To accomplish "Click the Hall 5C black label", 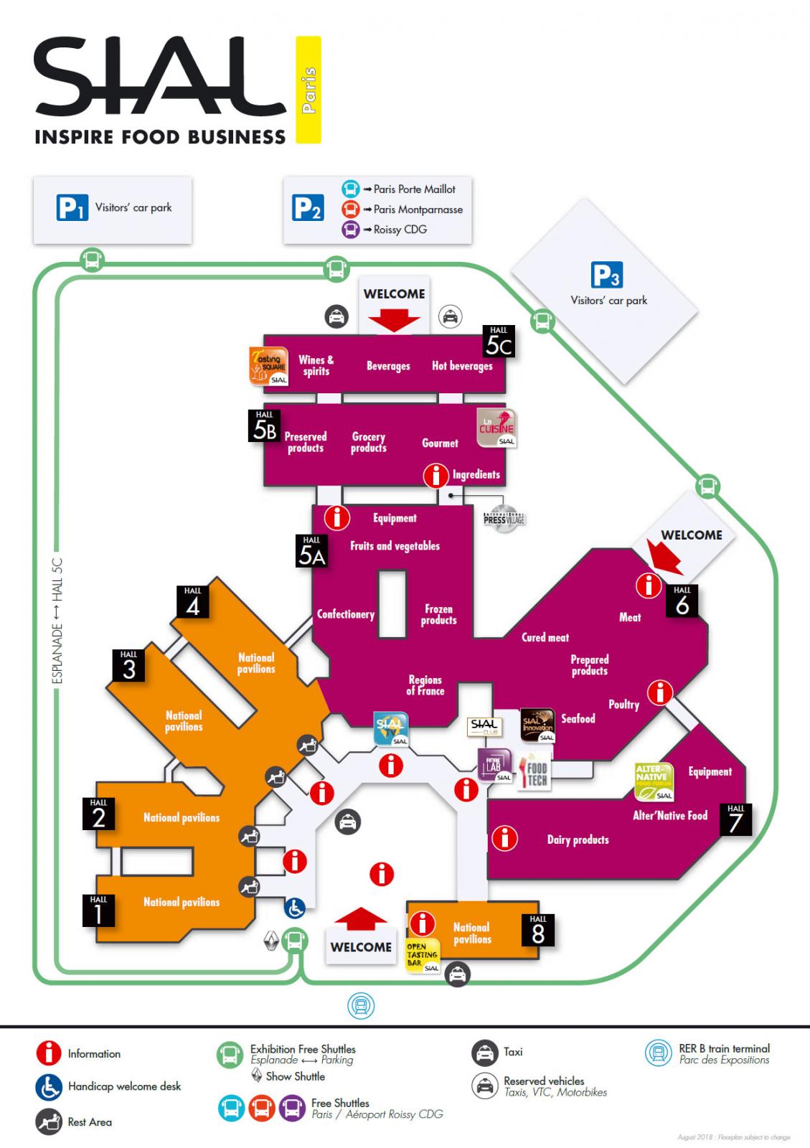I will (499, 342).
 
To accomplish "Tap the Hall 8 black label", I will (538, 929).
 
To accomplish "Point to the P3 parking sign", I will (606, 275).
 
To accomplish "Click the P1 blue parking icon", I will (72, 208).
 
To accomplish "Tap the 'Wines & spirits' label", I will (316, 365).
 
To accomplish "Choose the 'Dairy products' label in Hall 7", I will (578, 839).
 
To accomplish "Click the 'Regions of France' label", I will (425, 685).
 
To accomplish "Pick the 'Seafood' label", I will (578, 718).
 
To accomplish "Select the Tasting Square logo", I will (268, 367).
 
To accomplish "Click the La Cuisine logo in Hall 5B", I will (496, 428).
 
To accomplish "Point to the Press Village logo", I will (504, 519).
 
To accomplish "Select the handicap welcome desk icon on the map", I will (295, 908).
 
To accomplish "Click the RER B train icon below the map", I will (361, 1006).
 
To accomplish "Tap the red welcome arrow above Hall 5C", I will (394, 320).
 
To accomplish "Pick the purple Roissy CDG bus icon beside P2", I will (350, 230).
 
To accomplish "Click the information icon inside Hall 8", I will (423, 923).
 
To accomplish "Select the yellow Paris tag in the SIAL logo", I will (309, 90).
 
